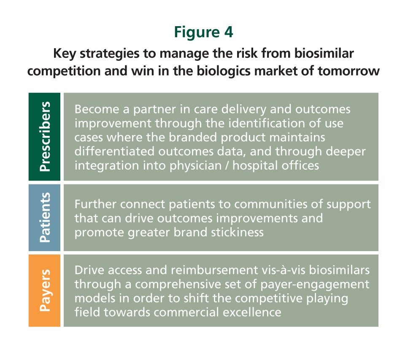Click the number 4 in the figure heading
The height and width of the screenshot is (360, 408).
(x=228, y=32)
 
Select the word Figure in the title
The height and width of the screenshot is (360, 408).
(x=197, y=32)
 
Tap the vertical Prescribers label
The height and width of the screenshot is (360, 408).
(x=45, y=136)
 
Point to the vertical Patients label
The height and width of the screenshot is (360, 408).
(x=45, y=217)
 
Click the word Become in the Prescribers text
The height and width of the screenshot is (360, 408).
(x=97, y=109)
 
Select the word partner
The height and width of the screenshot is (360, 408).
(x=154, y=110)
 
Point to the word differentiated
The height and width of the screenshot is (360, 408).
(x=114, y=151)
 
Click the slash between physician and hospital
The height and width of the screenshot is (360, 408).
(x=227, y=165)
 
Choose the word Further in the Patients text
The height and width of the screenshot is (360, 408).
(x=95, y=204)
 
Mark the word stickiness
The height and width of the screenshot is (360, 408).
(x=237, y=232)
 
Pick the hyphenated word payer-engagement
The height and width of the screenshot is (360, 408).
(x=315, y=284)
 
